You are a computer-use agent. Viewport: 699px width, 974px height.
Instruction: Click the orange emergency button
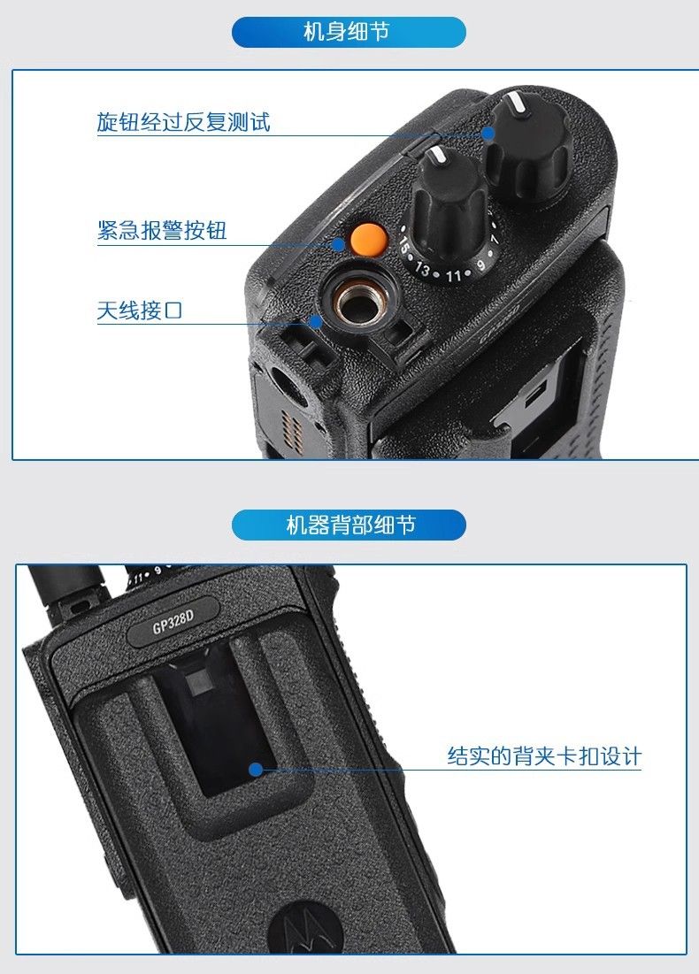point(369,239)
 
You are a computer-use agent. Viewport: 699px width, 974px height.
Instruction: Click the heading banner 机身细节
point(349,33)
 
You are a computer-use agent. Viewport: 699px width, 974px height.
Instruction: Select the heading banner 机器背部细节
point(349,525)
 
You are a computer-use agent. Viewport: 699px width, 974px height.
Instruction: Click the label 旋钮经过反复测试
point(183,122)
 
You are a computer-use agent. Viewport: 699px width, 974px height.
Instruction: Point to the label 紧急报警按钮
point(162,230)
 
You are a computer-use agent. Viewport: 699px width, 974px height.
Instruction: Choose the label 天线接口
point(140,310)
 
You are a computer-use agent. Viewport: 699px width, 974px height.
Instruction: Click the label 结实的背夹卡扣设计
point(544,756)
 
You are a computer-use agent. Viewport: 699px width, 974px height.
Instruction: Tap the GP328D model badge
point(173,621)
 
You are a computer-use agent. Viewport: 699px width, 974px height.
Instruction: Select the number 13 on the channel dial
point(423,268)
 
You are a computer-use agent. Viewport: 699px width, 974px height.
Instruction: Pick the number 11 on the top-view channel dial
point(454,275)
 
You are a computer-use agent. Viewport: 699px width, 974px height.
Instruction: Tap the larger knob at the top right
point(528,147)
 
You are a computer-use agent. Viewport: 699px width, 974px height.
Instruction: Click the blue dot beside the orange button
point(339,243)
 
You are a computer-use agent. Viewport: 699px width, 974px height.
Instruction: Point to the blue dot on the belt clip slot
point(256,770)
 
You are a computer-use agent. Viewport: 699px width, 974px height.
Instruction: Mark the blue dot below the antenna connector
point(316,321)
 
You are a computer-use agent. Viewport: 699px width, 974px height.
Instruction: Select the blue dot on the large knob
point(488,133)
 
